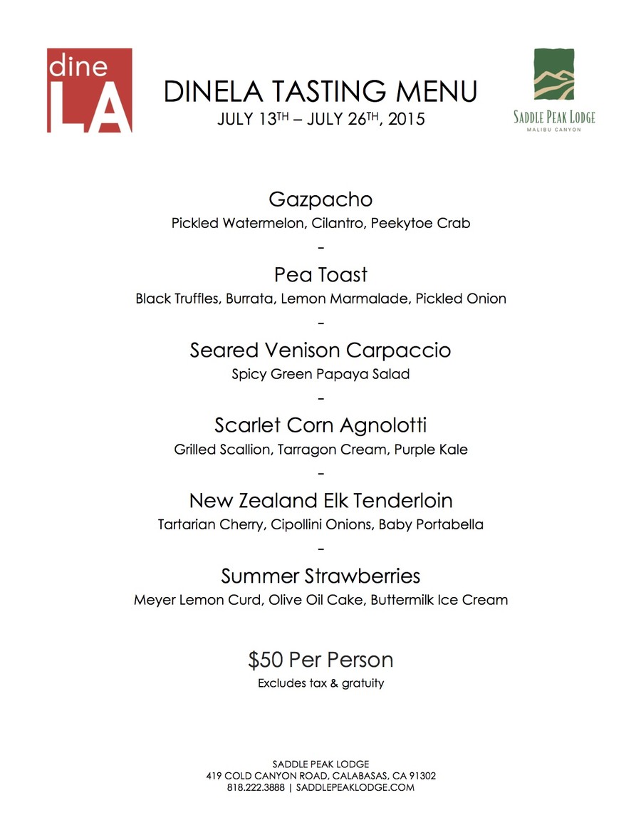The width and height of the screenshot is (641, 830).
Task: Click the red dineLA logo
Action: [89, 90]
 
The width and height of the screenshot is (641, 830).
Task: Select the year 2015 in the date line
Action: [407, 119]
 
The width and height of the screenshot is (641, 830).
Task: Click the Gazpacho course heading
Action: [320, 199]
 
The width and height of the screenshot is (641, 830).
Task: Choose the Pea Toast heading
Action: [320, 274]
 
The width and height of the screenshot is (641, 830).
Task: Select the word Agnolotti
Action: [382, 426]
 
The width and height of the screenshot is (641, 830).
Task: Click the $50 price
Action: [266, 660]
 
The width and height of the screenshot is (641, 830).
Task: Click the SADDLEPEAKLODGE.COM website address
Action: [355, 787]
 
